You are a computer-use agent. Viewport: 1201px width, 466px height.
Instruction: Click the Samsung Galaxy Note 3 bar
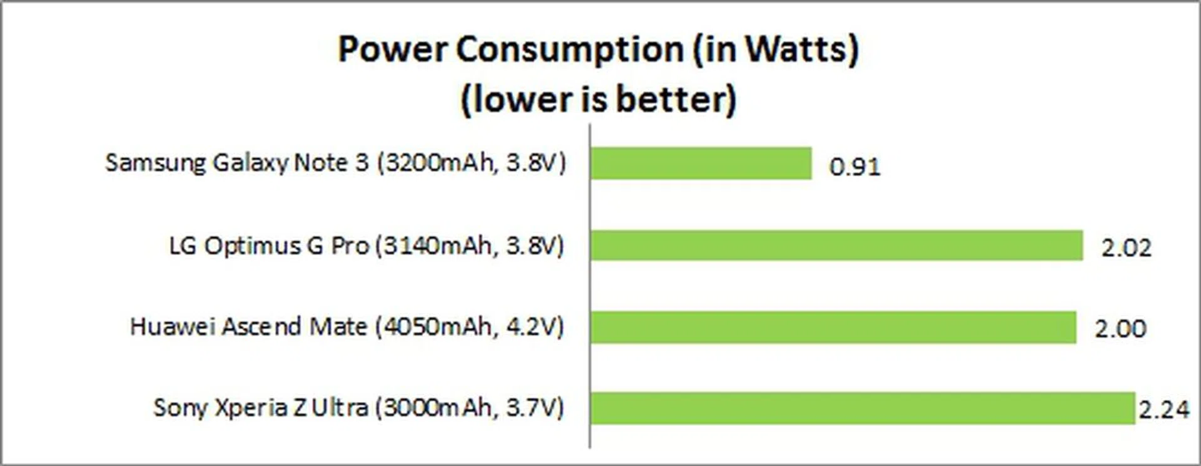[701, 163]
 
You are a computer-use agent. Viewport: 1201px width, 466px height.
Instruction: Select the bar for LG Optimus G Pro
[836, 246]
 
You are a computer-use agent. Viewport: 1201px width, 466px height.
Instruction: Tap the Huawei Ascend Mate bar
[833, 327]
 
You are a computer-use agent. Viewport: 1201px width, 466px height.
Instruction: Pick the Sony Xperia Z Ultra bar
[862, 408]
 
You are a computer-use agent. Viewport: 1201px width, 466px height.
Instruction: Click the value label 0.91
[854, 167]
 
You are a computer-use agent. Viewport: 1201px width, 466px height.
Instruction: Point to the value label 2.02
[1126, 248]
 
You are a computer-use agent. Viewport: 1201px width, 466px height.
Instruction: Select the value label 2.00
[1120, 329]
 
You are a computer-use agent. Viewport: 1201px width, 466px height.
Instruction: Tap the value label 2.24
[1163, 410]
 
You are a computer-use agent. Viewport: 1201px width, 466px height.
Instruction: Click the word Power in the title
[392, 49]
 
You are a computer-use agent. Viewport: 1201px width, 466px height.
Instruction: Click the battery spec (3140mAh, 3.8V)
[469, 246]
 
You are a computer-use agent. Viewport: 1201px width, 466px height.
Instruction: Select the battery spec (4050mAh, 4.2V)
[469, 327]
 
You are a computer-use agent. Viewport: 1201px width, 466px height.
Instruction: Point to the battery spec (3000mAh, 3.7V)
[469, 408]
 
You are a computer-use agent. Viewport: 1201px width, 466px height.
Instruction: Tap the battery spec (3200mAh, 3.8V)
[471, 163]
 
